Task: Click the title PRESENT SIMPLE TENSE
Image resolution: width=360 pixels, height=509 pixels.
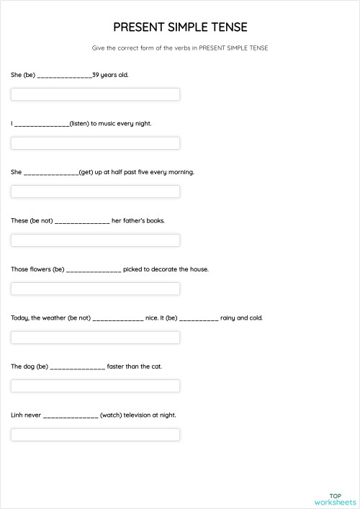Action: (180, 27)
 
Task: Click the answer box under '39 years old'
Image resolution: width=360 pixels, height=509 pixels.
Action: (95, 94)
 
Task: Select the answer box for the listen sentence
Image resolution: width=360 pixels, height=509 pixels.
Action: (95, 143)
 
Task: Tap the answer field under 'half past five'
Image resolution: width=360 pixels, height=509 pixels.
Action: (95, 192)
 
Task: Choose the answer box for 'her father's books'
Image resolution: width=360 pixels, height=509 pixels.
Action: (95, 240)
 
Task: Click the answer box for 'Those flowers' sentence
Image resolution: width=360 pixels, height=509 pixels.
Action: (95, 289)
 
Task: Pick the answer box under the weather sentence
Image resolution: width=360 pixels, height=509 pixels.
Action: (95, 338)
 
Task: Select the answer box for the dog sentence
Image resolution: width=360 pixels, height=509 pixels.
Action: (95, 386)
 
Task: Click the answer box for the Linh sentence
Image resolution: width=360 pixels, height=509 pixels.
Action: (95, 435)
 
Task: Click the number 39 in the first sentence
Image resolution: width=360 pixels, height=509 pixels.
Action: (96, 74)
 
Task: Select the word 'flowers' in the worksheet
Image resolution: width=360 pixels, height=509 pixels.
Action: (38, 269)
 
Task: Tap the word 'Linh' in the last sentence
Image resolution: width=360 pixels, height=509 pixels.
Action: (18, 415)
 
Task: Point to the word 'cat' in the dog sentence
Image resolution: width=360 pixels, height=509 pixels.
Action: (156, 366)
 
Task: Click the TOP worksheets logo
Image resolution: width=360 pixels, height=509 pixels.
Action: (335, 498)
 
